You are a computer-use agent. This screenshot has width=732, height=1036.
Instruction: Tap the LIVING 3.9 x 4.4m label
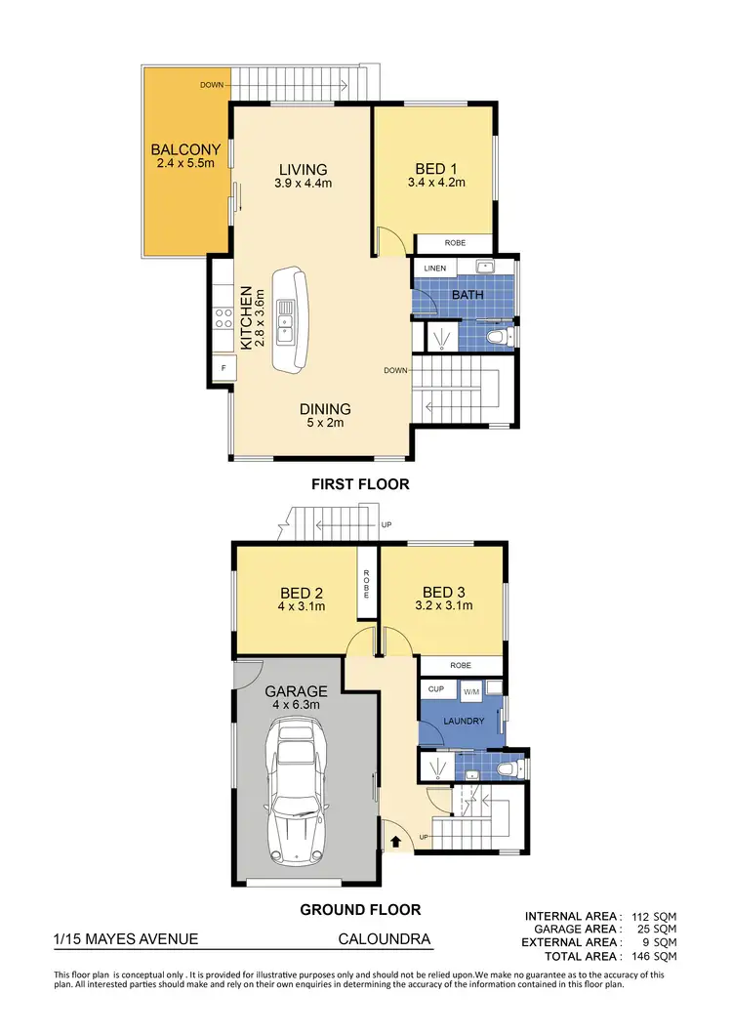303,176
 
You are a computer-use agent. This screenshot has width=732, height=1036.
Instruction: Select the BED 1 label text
435,168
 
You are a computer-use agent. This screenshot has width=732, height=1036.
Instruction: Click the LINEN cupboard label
434,268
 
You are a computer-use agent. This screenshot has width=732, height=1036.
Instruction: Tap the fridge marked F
224,367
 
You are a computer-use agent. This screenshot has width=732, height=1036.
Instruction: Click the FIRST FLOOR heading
360,483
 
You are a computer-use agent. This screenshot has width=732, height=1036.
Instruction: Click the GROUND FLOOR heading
360,909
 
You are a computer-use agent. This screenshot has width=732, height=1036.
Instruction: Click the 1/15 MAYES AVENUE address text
126,939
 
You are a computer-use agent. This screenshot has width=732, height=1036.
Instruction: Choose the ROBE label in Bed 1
455,242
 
